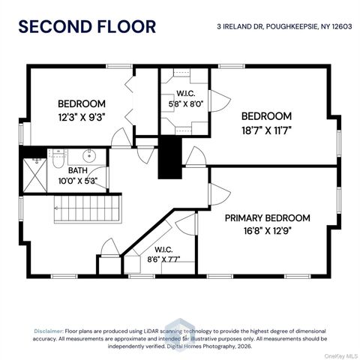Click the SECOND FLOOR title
coord(87,26)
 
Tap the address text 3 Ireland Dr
coord(240,26)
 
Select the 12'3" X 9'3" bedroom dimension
coord(82,117)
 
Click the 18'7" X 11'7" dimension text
coord(266,130)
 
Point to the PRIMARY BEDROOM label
coord(267,218)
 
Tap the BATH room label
coord(78,170)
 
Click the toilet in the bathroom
coord(58,159)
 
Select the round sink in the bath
coord(89,156)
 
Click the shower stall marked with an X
coord(35,175)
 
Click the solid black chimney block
coord(170,157)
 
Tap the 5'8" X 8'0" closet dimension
coord(186,103)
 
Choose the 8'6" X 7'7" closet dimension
coord(163,259)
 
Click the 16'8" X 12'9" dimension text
coord(268,231)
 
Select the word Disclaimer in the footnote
coord(49,331)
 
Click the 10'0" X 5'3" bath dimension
coord(78,181)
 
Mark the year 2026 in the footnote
coord(244,346)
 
